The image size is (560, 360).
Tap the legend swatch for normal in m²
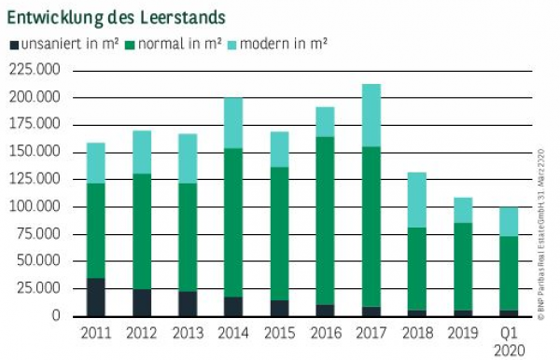click(131, 44)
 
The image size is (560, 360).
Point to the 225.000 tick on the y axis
click(35, 70)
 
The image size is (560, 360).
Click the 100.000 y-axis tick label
click(35, 206)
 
